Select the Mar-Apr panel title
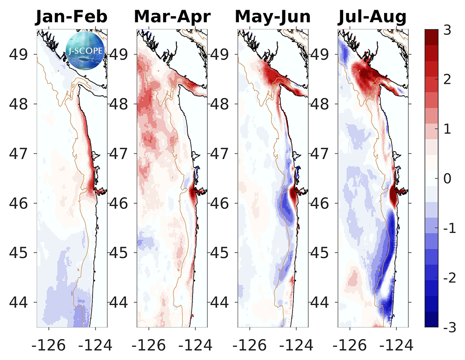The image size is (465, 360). coord(172,17)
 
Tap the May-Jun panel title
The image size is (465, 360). coord(273,17)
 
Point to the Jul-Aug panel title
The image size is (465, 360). coord(372,17)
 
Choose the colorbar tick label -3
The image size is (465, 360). coord(448,328)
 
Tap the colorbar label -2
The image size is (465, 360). coord(448,278)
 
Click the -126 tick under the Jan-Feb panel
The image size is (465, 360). coord(45,345)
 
